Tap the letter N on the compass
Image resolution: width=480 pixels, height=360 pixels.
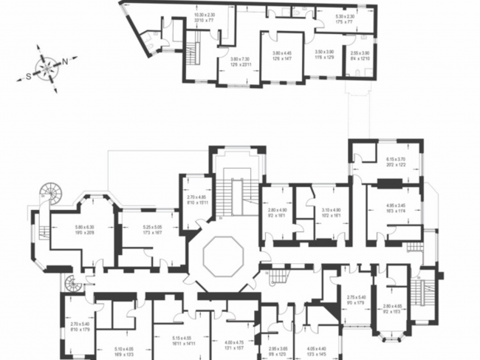(66, 61)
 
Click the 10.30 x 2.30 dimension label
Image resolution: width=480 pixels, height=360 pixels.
(204, 18)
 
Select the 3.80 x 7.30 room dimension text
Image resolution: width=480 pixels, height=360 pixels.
(239, 61)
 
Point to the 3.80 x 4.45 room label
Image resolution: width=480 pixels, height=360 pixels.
(282, 55)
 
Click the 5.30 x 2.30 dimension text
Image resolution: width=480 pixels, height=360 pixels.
(345, 18)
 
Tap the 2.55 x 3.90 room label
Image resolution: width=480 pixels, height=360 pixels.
(360, 55)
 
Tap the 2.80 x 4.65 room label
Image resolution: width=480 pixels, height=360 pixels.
(393, 308)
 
